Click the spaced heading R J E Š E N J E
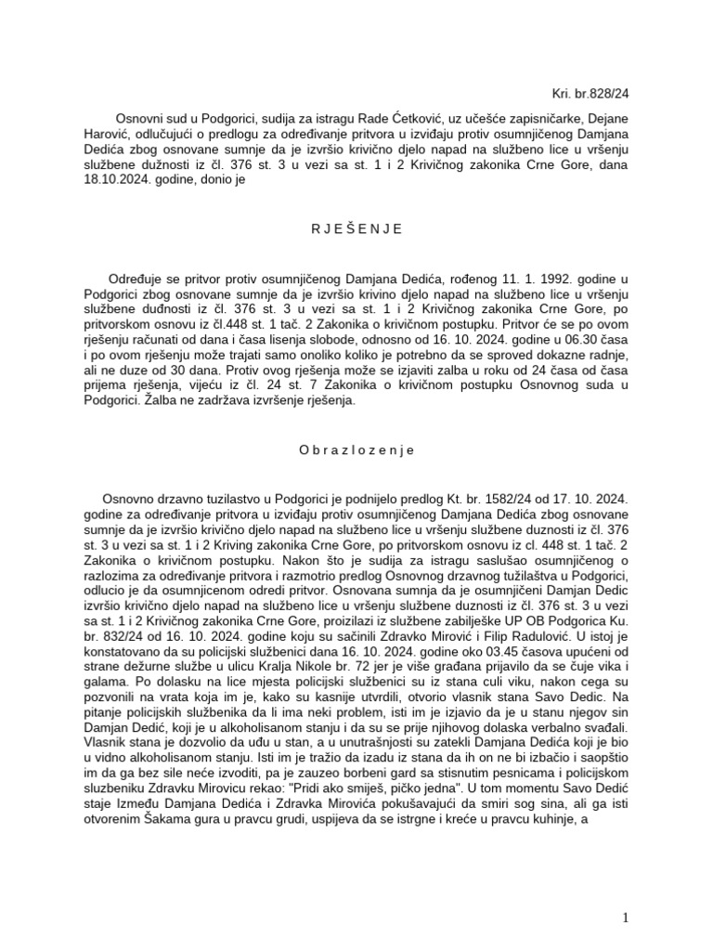(356, 229)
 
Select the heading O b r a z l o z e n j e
(356, 449)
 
